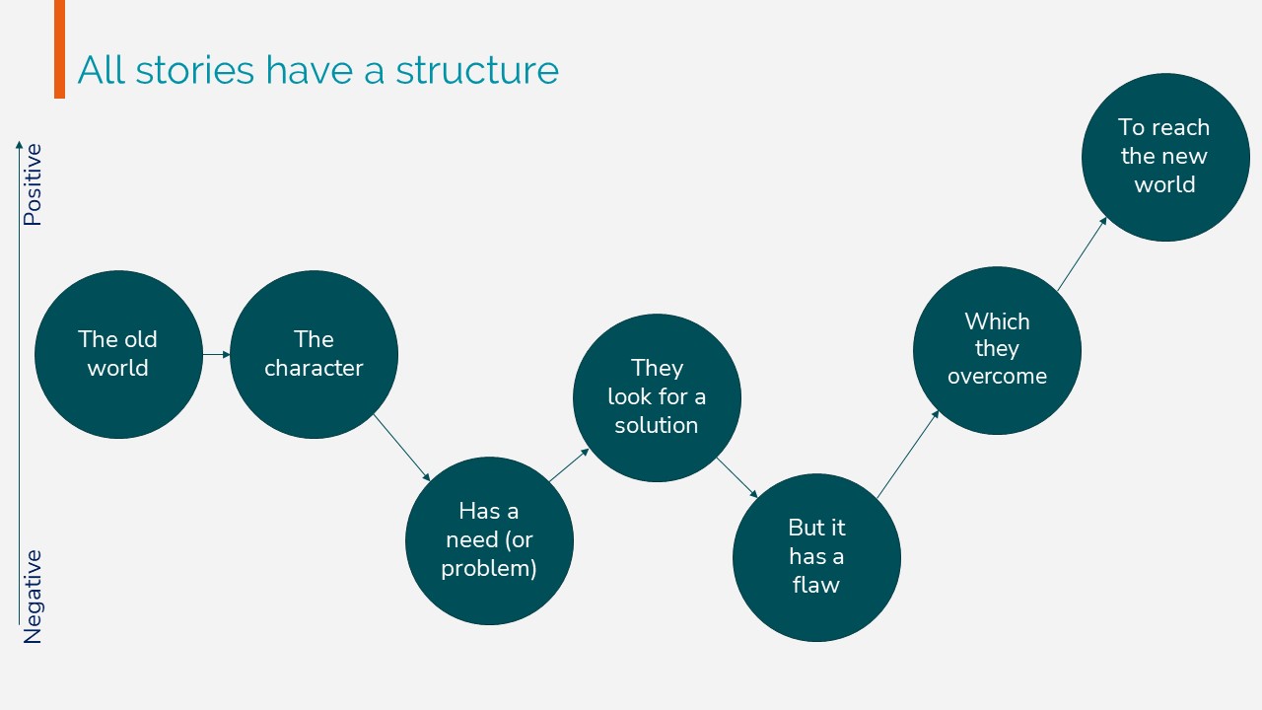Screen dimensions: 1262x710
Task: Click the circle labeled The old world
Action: pyautogui.click(x=118, y=354)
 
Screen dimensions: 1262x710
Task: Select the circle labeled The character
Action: pyautogui.click(x=314, y=354)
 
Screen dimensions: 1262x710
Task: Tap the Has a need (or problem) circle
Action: pyautogui.click(x=489, y=541)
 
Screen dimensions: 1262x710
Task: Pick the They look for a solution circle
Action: pyautogui.click(x=657, y=397)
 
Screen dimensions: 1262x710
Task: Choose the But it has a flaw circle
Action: pyautogui.click(x=816, y=558)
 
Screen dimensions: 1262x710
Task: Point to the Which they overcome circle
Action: pyautogui.click(x=997, y=350)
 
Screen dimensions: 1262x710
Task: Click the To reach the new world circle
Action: pyautogui.click(x=1165, y=157)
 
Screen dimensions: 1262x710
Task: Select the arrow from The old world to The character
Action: pyautogui.click(x=216, y=354)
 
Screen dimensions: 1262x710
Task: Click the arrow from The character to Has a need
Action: pyautogui.click(x=401, y=448)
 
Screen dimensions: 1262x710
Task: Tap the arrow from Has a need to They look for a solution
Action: pyautogui.click(x=569, y=464)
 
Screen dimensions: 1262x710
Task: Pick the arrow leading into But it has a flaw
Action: pyautogui.click(x=736, y=478)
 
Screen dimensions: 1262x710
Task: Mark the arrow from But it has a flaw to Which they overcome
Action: pyautogui.click(x=908, y=455)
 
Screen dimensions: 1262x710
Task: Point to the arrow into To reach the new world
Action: pyautogui.click(x=1083, y=254)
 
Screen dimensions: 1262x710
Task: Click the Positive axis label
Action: pyautogui.click(x=33, y=184)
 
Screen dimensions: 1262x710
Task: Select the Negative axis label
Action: pyautogui.click(x=33, y=597)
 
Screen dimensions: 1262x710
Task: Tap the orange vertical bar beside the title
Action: pyautogui.click(x=60, y=49)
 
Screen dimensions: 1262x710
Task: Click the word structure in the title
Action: pyautogui.click(x=477, y=70)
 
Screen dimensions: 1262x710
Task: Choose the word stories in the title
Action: pyautogui.click(x=195, y=70)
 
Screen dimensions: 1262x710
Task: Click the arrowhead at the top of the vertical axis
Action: pyautogui.click(x=19, y=145)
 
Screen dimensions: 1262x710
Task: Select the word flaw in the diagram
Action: pyautogui.click(x=815, y=585)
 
